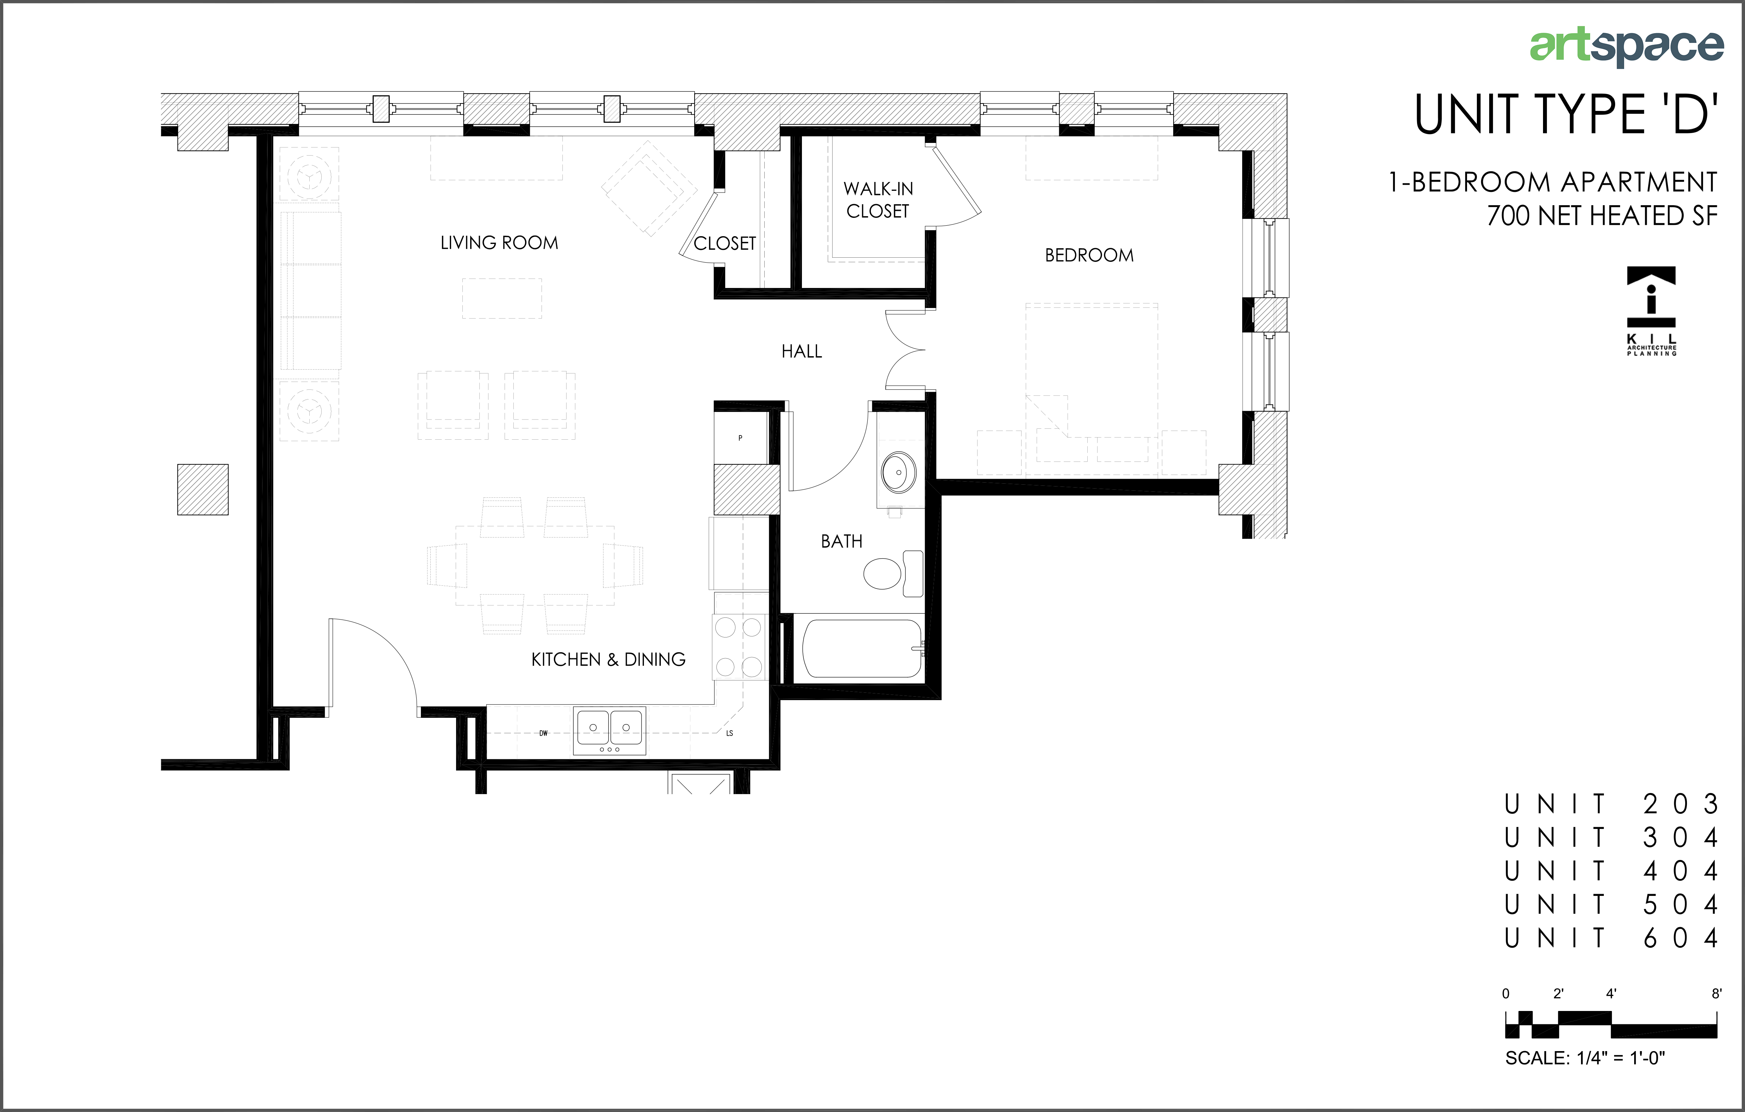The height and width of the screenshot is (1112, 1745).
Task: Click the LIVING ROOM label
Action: click(499, 243)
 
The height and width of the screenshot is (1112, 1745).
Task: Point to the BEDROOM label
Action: click(1089, 255)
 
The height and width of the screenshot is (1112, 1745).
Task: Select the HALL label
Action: click(802, 352)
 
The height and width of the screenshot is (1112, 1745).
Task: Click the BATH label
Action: click(841, 541)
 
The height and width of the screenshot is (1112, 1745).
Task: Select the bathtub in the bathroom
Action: click(862, 648)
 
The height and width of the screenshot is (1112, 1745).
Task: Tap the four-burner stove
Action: click(739, 647)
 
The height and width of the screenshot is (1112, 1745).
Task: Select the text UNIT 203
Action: click(1611, 804)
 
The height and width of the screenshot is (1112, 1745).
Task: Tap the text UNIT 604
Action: click(1611, 938)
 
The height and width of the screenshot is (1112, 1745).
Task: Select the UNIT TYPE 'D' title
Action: click(1567, 114)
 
